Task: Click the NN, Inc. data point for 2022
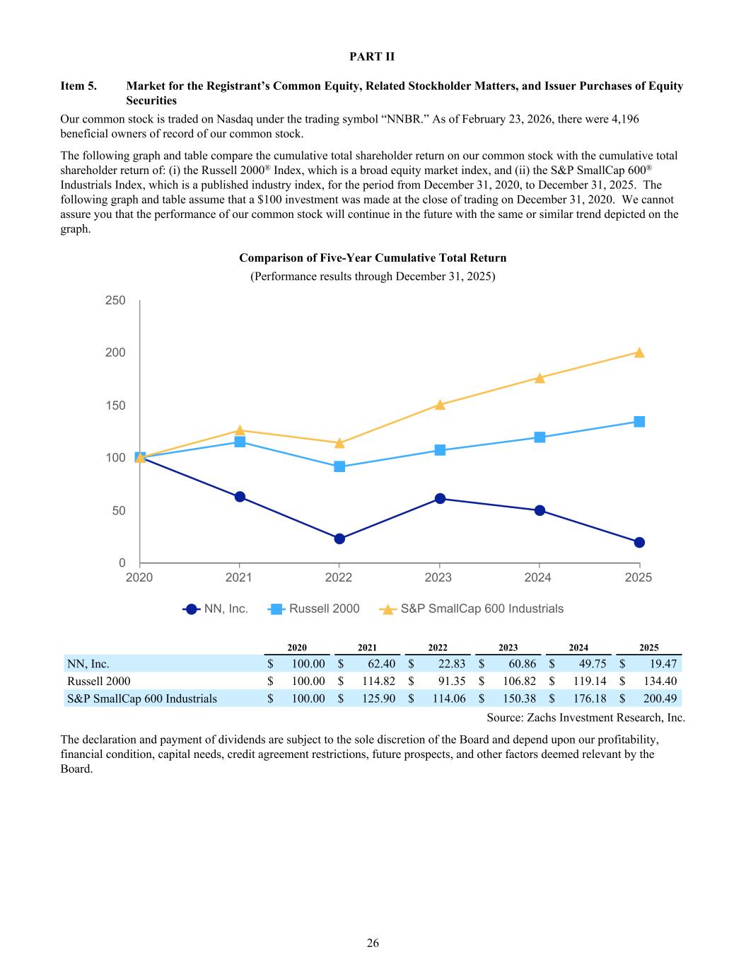[x=339, y=539]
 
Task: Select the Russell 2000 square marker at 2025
[x=639, y=422]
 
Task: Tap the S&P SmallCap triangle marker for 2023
[x=440, y=405]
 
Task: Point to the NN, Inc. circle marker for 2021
[x=240, y=497]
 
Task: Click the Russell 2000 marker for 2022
[x=339, y=466]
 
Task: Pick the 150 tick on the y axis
[x=115, y=406]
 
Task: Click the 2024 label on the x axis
[x=538, y=577]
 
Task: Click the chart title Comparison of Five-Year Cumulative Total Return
[x=373, y=258]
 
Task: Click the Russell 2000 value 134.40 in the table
[x=662, y=682]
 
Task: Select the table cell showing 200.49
[x=662, y=699]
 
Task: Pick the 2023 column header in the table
[x=508, y=648]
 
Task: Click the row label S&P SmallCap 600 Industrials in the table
[x=142, y=699]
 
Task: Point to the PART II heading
[x=373, y=56]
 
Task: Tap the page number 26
[x=373, y=943]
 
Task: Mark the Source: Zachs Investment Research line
[x=586, y=718]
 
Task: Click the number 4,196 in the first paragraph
[x=622, y=119]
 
